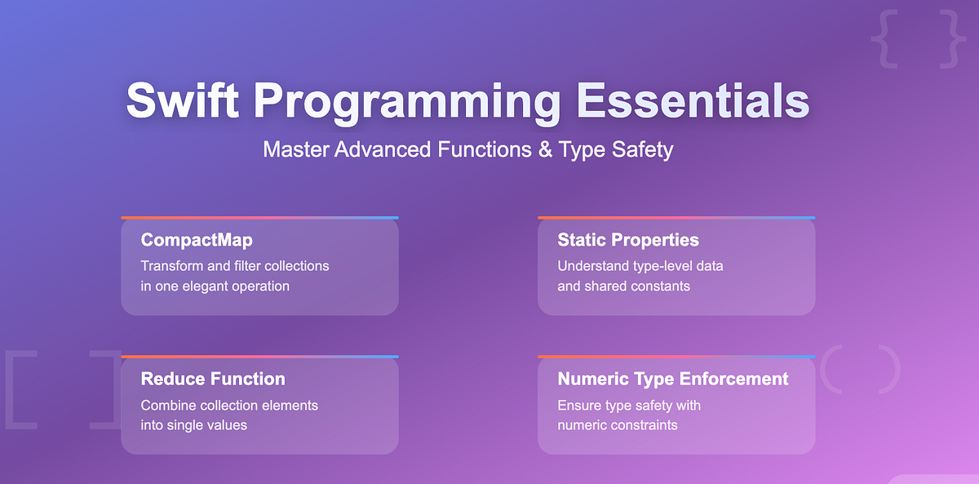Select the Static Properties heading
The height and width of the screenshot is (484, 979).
click(x=628, y=240)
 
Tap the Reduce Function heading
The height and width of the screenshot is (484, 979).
click(x=213, y=379)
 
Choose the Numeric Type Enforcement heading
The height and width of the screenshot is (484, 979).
click(x=673, y=379)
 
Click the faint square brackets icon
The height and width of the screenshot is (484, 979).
click(x=62, y=389)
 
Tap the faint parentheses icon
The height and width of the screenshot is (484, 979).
click(x=860, y=369)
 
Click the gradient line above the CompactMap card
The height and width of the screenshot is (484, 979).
click(x=259, y=218)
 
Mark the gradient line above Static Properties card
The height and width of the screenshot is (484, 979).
click(x=676, y=218)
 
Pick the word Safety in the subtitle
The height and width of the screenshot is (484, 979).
click(x=643, y=150)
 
